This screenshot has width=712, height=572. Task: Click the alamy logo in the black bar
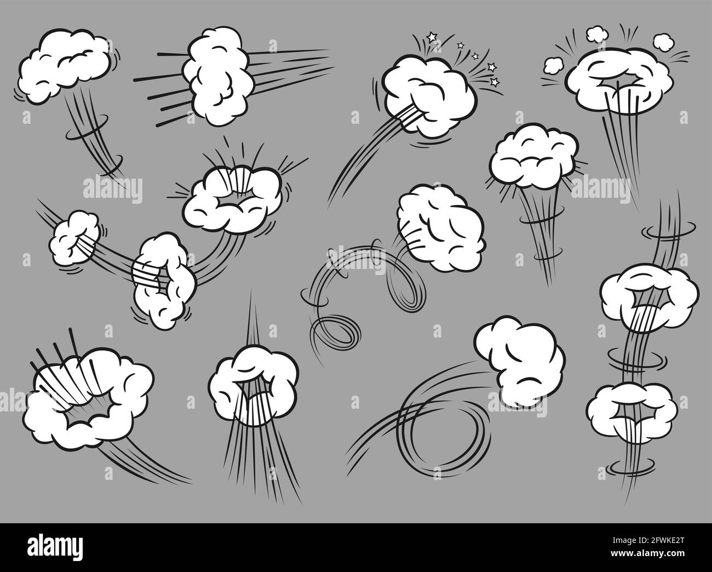coord(55,546)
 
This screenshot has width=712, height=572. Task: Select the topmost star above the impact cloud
coord(432,37)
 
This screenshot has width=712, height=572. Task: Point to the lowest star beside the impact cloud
coord(495,82)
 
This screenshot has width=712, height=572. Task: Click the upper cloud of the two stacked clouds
coord(649,297)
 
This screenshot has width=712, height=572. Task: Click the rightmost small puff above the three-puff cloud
coord(663,44)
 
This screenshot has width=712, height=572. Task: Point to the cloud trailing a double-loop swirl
coord(441,227)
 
